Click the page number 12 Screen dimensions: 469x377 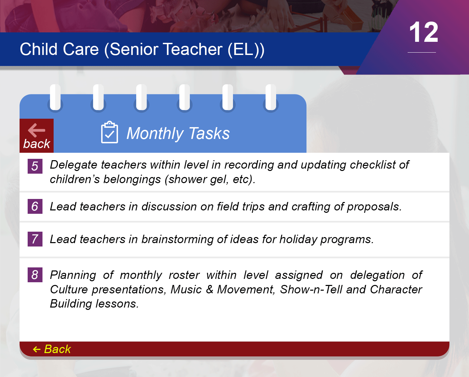tap(423, 32)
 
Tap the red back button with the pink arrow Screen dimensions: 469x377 tap(37, 136)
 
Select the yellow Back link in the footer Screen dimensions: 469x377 tap(52, 349)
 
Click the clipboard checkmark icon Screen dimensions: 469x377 tap(109, 132)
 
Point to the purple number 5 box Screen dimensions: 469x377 tap(35, 166)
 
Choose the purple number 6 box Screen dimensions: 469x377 tap(35, 206)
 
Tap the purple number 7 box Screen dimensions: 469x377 tap(35, 239)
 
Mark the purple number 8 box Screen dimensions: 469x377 tap(35, 275)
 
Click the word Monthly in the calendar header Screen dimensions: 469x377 tap(155, 134)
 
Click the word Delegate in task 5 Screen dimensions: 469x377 tap(74, 165)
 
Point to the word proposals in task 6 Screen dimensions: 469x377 tap(374, 207)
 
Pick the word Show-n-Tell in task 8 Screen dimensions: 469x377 tap(311, 290)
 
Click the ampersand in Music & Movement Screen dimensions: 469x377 tap(209, 290)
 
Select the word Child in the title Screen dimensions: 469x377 tap(38, 49)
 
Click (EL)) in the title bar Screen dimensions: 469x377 tap(246, 50)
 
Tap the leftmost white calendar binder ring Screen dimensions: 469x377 tap(55, 97)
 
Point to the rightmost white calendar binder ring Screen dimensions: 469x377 tap(271, 97)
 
